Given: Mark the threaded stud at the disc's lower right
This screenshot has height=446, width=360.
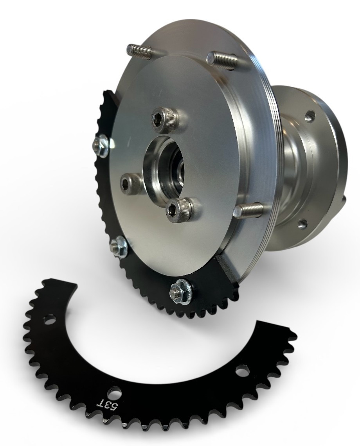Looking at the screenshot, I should point(247,210).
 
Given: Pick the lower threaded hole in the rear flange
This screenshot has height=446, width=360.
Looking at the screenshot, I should point(302,224).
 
